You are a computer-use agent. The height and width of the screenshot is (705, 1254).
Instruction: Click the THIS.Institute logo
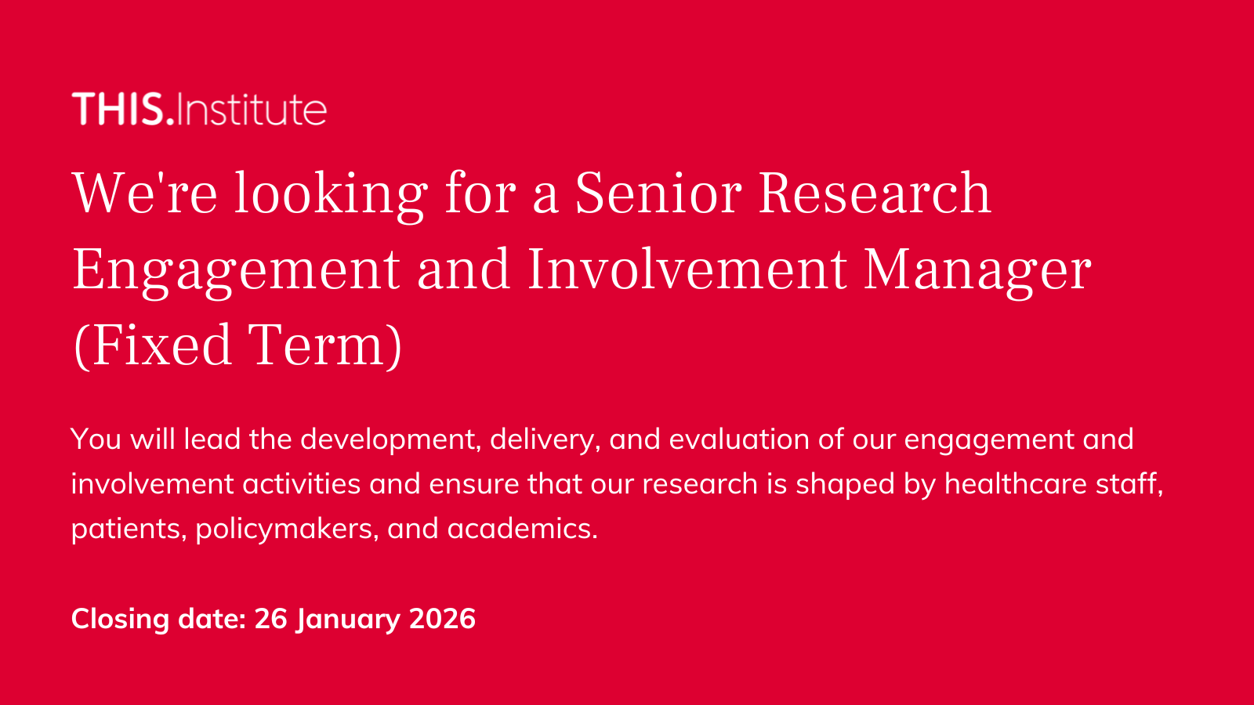tap(199, 109)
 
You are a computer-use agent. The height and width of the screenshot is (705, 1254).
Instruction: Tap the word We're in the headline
tap(145, 193)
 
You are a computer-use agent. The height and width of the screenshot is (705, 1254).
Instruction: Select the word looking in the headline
tap(331, 196)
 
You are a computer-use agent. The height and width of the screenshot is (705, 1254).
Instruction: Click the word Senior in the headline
tap(658, 193)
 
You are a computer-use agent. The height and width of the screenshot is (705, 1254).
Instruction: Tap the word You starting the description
tap(96, 439)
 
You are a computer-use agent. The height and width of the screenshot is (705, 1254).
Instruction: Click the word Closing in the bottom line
tap(120, 620)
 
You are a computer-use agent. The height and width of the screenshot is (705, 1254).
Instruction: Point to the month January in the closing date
tap(348, 620)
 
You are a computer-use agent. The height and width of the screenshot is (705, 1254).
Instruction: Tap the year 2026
tap(442, 619)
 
